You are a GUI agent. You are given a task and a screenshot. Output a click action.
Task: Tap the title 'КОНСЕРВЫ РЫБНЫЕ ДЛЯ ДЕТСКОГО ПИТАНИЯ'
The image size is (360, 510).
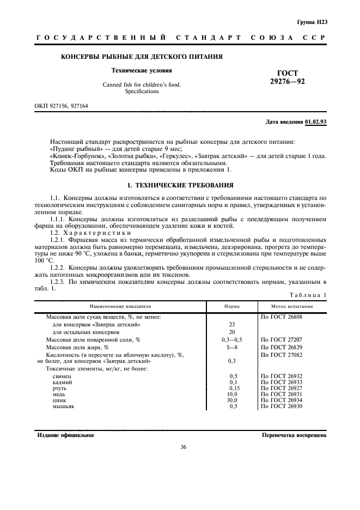click(141, 57)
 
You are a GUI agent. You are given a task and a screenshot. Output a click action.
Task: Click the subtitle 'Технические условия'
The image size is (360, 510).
click(141, 70)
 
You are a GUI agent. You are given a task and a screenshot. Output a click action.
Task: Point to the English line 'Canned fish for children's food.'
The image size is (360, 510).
click(141, 84)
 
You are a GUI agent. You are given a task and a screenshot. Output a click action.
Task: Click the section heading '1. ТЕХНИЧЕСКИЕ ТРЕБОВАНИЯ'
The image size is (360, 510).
click(180, 186)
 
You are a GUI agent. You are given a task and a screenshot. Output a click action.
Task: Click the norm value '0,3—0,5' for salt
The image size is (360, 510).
click(232, 339)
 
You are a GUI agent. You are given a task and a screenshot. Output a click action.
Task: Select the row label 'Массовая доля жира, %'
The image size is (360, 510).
click(77, 347)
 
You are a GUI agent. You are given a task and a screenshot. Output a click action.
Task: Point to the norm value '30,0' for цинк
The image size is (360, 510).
click(233, 401)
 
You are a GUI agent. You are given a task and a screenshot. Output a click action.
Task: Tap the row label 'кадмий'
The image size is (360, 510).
click(62, 383)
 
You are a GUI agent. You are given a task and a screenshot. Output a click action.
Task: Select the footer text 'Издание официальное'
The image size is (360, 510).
click(65, 435)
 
